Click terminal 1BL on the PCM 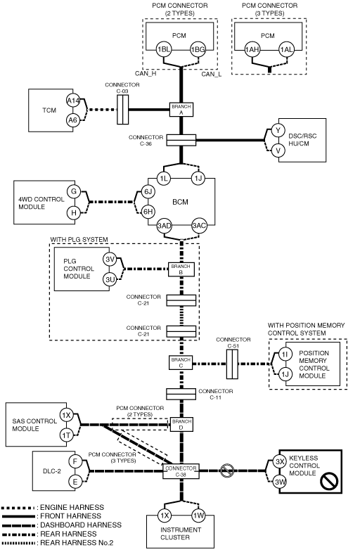(164, 49)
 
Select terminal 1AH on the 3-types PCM (252, 49)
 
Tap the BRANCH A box (181, 110)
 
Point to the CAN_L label (212, 74)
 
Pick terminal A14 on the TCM (73, 101)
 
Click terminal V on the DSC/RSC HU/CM (278, 151)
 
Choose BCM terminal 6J (148, 191)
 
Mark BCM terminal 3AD (164, 226)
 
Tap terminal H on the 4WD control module (74, 212)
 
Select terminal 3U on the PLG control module (110, 279)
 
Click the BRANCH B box (181, 269)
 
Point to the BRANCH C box (181, 363)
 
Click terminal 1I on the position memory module (285, 354)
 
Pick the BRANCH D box (181, 424)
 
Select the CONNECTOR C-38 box (181, 471)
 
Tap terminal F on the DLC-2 (75, 461)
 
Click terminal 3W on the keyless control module (280, 482)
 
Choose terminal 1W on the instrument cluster (199, 516)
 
